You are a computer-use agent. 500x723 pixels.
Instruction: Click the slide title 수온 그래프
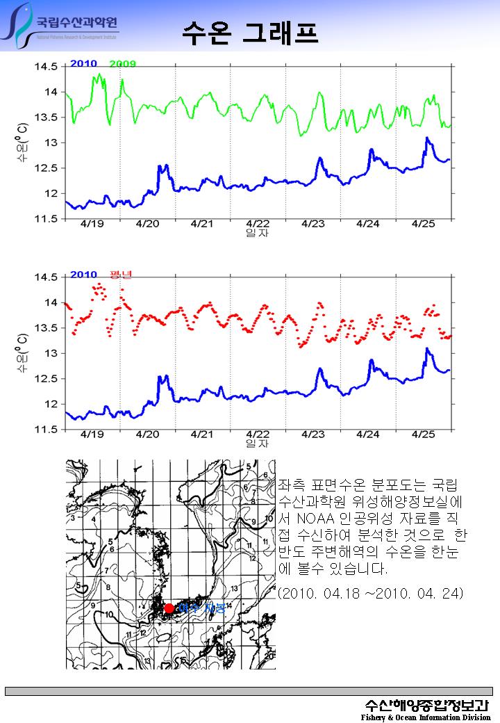coord(250,32)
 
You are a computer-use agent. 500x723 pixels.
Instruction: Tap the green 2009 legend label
coord(123,65)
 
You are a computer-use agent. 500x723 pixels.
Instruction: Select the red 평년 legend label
coord(121,275)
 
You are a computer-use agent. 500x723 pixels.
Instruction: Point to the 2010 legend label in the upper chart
coord(83,65)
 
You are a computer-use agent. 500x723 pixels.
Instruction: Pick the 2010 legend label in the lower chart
coord(83,275)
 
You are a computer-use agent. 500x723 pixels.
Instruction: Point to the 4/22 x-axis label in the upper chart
coord(258,224)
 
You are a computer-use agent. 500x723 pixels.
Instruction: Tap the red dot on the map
coord(169,608)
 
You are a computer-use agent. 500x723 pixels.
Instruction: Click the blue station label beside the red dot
coord(201,608)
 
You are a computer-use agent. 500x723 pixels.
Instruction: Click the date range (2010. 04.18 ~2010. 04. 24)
coord(370,594)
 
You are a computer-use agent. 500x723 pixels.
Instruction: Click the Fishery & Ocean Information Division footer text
coord(426,717)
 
